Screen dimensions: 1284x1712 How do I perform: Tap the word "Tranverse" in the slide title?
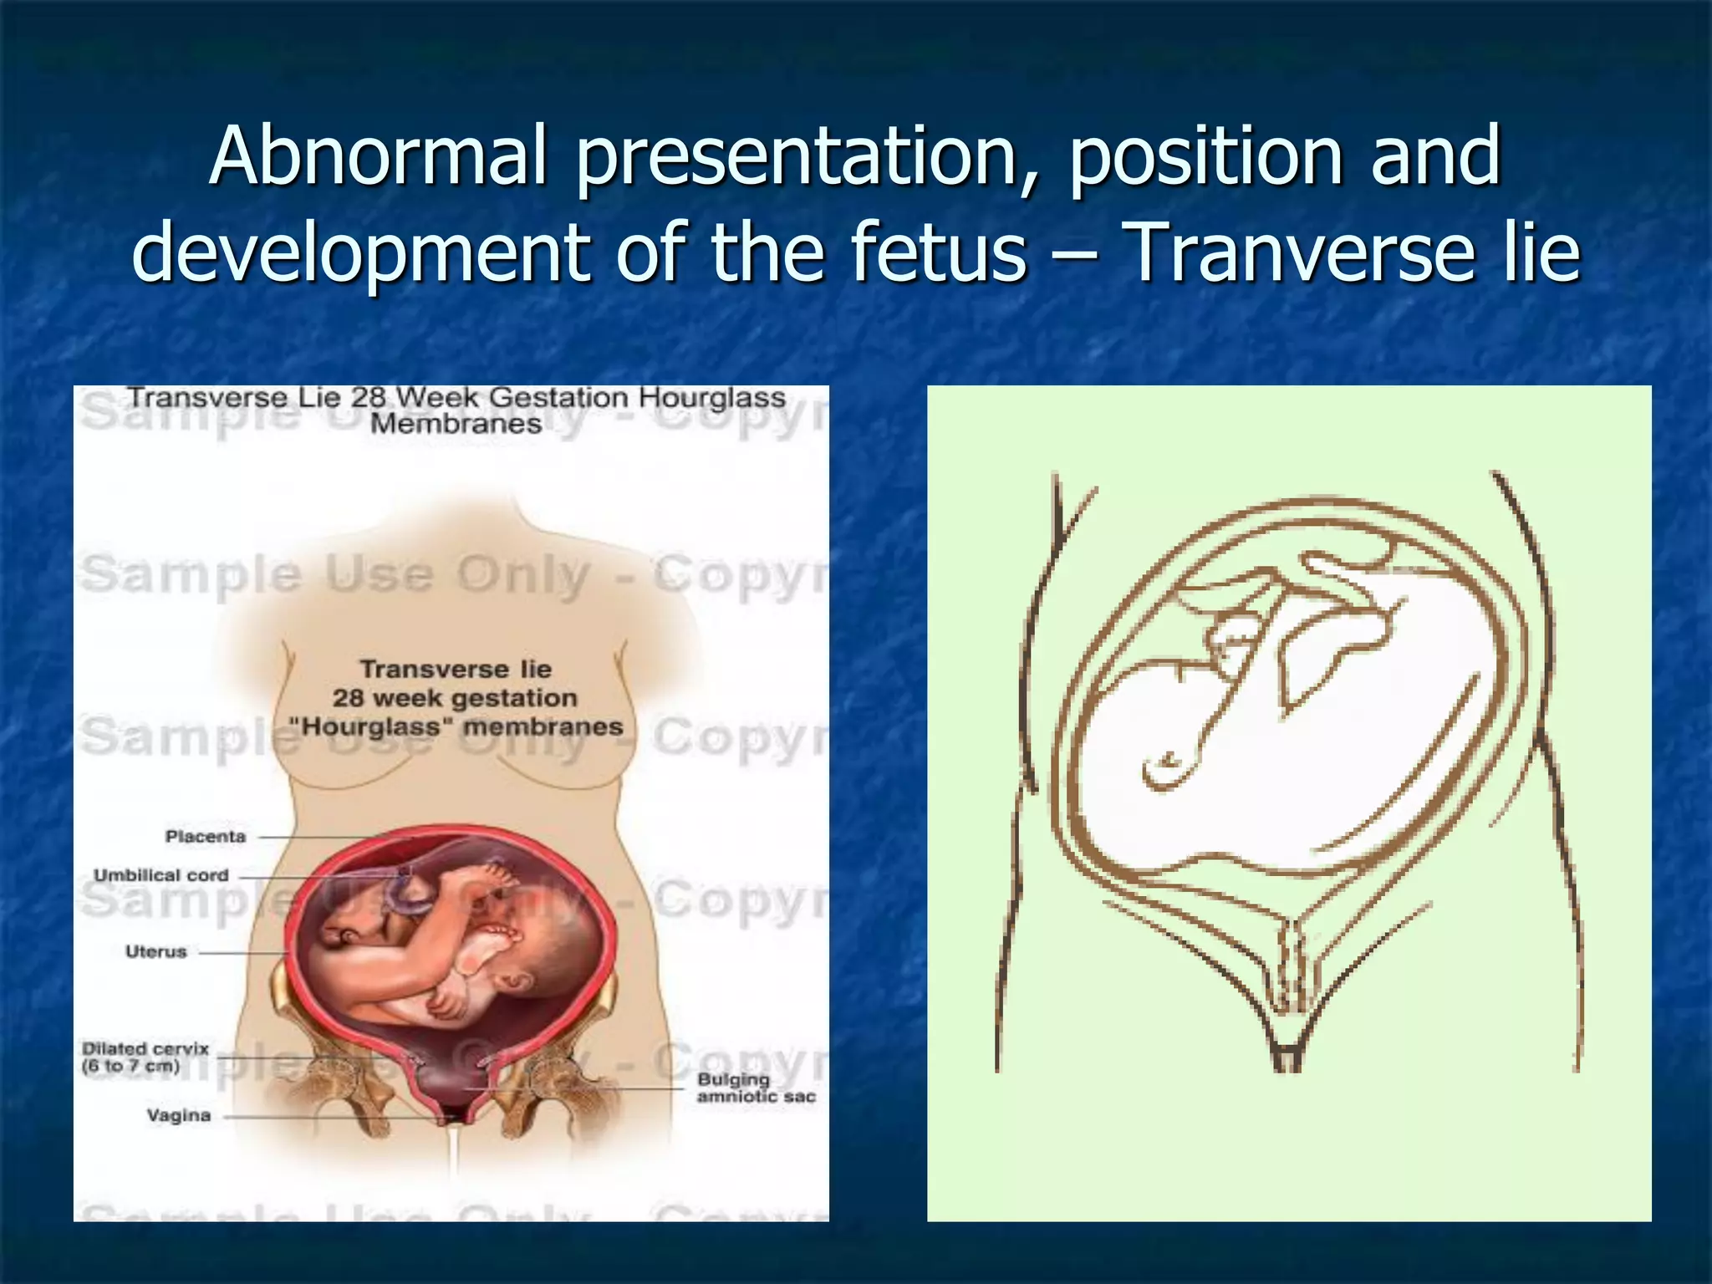click(x=1301, y=252)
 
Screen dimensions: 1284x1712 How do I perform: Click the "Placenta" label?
click(x=206, y=837)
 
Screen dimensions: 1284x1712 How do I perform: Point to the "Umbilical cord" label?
click(x=160, y=875)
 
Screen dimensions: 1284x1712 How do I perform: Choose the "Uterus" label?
click(x=156, y=951)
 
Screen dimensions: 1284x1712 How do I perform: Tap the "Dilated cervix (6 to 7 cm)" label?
click(x=145, y=1057)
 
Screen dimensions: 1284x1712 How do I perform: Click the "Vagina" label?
click(x=179, y=1115)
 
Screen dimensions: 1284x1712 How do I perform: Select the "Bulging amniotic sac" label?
click(x=756, y=1088)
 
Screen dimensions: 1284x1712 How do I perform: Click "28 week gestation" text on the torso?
click(x=455, y=698)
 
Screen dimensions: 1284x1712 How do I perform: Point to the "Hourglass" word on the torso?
click(x=370, y=726)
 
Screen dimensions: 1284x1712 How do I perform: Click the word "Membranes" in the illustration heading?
click(x=456, y=424)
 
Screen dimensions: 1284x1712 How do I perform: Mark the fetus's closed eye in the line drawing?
click(x=1166, y=761)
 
